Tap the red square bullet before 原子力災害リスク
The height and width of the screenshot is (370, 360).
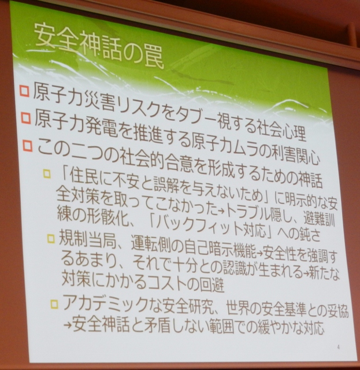24,91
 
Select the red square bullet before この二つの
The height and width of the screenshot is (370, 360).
27,146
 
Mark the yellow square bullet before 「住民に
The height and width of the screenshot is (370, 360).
47,174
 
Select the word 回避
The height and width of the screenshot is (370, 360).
212,286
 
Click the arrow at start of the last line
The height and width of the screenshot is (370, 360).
68,324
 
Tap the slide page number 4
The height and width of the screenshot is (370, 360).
339,347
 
